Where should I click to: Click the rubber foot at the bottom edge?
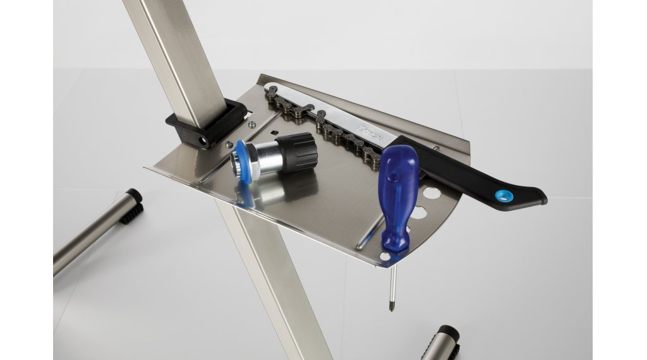[445, 341]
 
